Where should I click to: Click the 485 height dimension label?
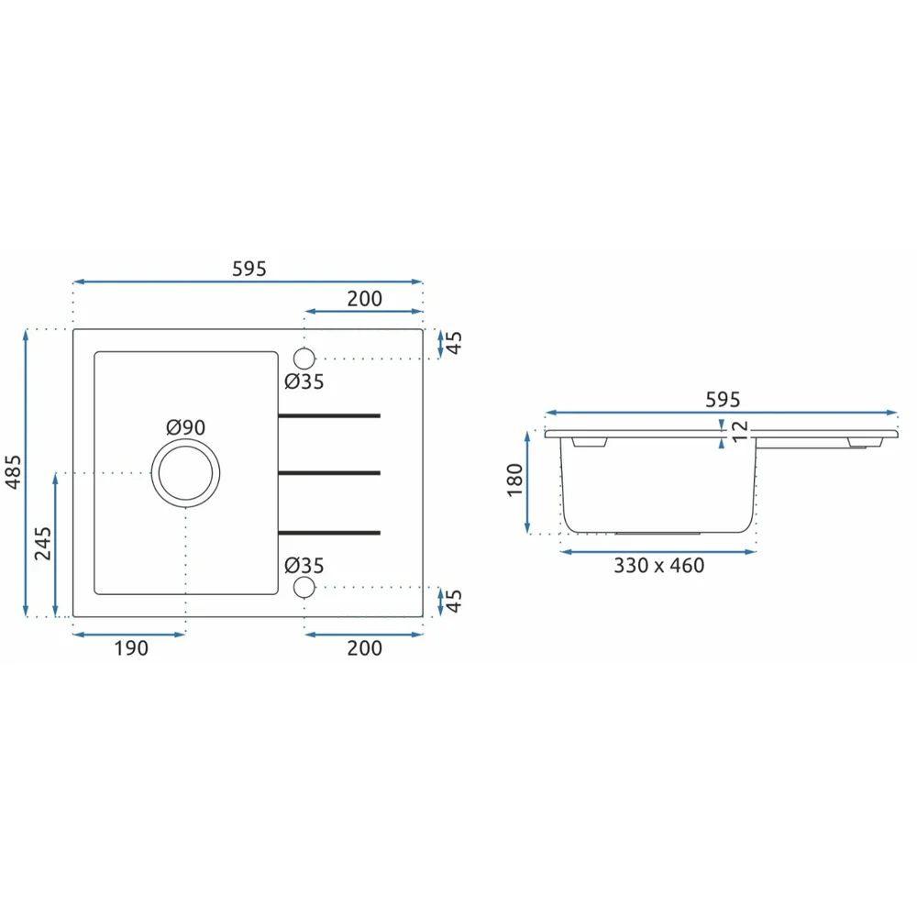click(13, 471)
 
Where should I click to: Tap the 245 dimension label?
click(43, 543)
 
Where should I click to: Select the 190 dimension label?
click(131, 648)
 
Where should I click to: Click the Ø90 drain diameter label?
click(186, 427)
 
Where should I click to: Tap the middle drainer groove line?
click(329, 473)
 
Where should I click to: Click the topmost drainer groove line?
click(329, 415)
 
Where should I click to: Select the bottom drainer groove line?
click(329, 533)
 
